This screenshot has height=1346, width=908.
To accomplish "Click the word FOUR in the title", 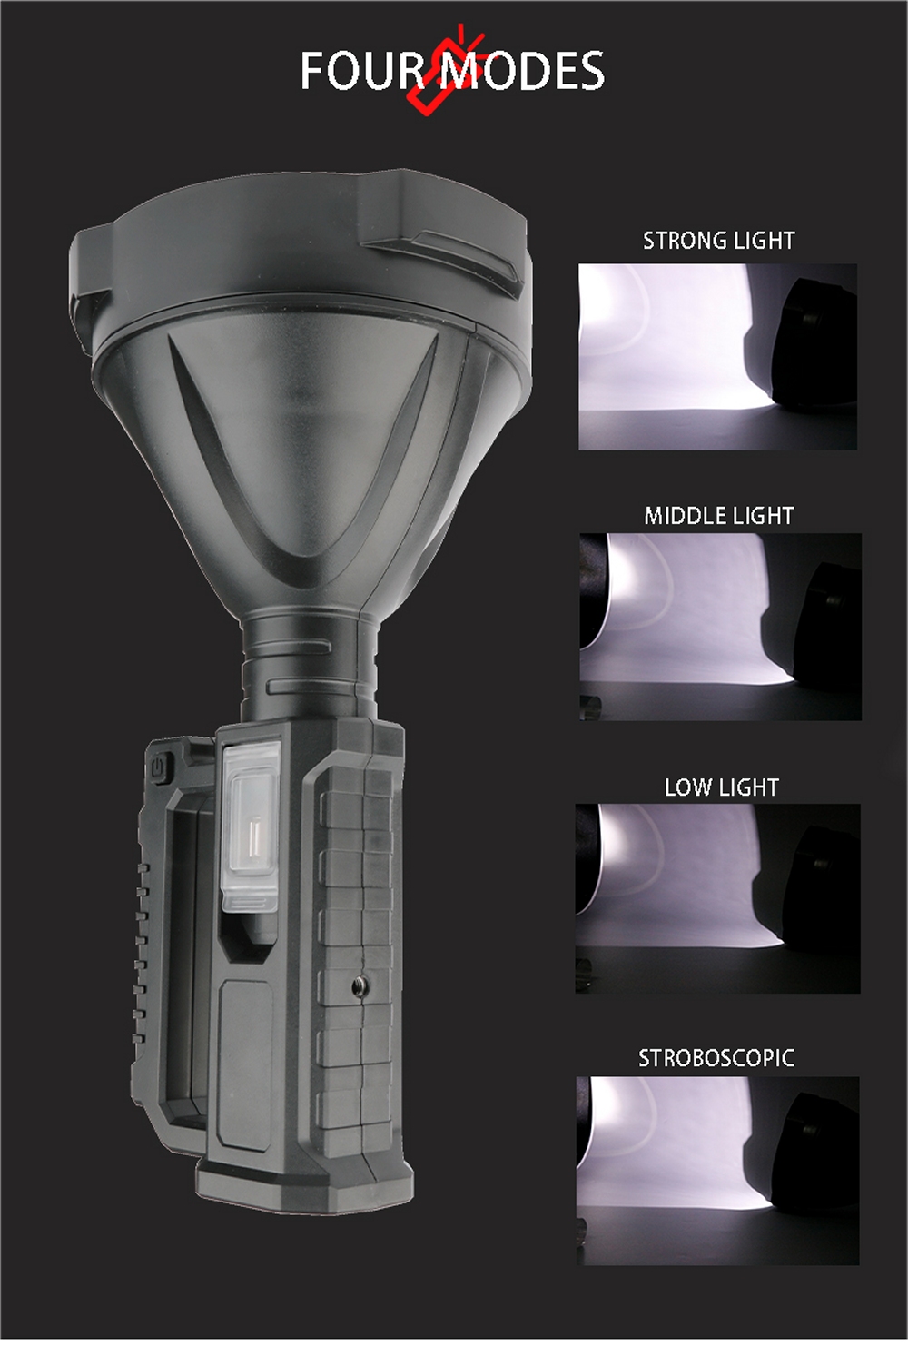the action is point(363,70).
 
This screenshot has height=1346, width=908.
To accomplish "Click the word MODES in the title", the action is point(520,70).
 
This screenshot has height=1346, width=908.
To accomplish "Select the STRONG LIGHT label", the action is point(719,241).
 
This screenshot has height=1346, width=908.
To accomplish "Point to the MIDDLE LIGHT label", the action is point(719,516).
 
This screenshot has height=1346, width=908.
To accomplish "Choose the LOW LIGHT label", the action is point(721,787).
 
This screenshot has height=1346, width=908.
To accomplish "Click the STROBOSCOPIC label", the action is point(716,1058).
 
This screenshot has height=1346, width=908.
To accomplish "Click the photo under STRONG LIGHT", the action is point(717,357).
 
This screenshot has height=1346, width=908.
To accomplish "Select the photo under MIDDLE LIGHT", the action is point(721,627).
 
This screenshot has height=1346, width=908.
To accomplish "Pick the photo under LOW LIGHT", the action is point(717,898).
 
